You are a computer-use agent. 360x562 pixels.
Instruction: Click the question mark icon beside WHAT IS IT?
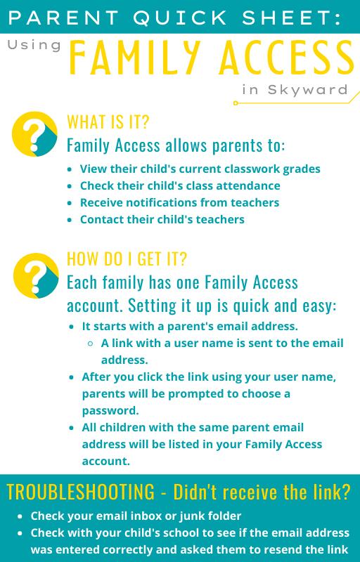click(35, 133)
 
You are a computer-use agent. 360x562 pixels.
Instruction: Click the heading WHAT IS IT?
click(108, 122)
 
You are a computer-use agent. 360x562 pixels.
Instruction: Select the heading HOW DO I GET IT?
click(127, 259)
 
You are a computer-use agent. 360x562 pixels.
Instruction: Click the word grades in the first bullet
click(302, 169)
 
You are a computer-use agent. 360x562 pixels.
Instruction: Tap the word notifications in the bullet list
click(163, 202)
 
